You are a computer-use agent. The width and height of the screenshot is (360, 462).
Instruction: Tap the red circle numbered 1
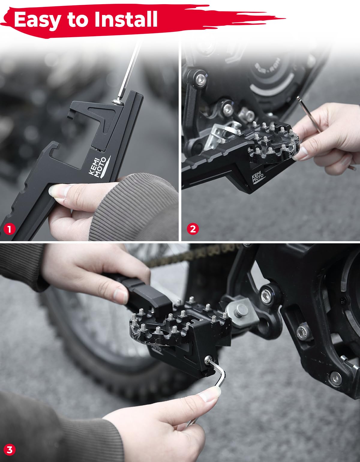(9, 229)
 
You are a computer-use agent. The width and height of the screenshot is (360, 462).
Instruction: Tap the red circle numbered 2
(193, 229)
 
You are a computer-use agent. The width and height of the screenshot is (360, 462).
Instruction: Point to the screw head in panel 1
(118, 102)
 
